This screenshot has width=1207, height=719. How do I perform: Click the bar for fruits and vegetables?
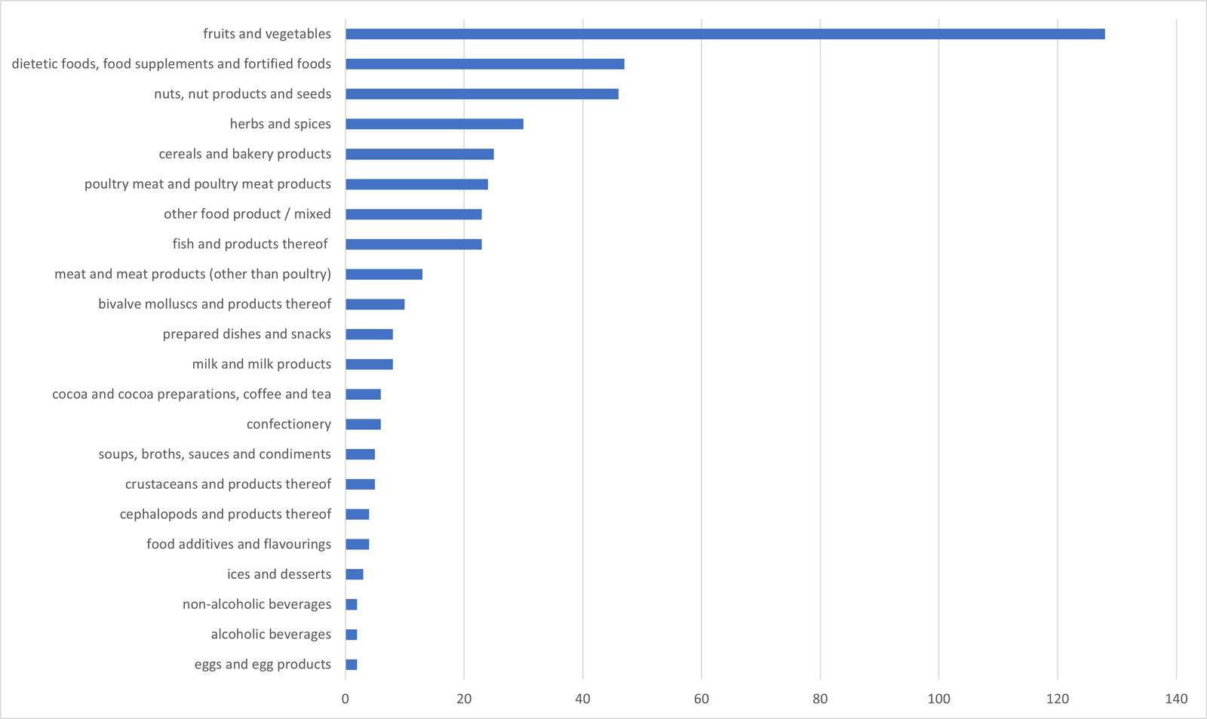(x=724, y=34)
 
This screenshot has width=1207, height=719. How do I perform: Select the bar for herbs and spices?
(x=434, y=124)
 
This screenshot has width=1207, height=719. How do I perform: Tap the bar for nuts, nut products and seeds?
(x=481, y=94)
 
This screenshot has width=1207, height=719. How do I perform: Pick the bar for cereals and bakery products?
(x=419, y=154)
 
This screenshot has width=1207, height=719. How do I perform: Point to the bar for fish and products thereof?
(x=413, y=244)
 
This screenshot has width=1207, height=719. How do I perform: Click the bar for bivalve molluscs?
(x=375, y=304)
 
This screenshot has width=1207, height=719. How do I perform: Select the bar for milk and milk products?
(x=369, y=364)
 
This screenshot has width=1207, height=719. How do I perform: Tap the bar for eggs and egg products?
(x=352, y=665)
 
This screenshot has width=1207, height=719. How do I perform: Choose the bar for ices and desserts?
(x=355, y=574)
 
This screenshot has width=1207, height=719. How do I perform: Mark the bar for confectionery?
(x=363, y=424)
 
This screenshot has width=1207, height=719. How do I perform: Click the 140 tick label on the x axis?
(x=1176, y=699)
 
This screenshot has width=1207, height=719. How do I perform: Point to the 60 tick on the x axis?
(x=702, y=699)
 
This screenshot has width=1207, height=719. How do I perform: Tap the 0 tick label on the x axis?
(x=346, y=699)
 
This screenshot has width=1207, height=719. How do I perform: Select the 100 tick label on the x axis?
(x=939, y=699)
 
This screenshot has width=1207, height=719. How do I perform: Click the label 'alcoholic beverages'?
(x=271, y=635)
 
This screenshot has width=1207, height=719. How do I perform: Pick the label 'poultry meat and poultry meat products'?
(x=207, y=184)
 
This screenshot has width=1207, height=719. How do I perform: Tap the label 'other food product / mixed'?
(x=247, y=214)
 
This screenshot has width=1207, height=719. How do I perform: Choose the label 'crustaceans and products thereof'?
(x=228, y=484)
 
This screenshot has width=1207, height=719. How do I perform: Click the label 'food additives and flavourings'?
(x=238, y=544)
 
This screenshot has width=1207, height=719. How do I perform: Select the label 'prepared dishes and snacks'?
(x=247, y=334)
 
